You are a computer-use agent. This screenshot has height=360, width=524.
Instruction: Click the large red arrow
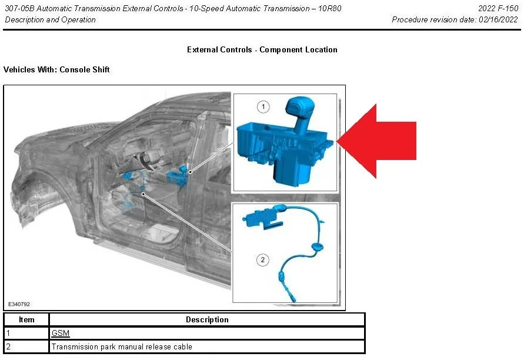coord(382,141)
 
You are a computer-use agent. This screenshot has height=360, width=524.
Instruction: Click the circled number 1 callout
coord(263,106)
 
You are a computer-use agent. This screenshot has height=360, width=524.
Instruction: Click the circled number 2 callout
coord(263,259)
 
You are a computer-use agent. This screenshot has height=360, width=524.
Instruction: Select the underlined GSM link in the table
coord(61,334)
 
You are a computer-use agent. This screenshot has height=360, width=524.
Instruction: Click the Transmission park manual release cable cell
coord(122,347)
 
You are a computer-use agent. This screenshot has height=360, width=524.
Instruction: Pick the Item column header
coord(26,320)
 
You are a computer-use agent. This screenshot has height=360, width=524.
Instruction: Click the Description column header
coord(207,320)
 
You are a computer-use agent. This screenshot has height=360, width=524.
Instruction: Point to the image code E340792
coord(19,304)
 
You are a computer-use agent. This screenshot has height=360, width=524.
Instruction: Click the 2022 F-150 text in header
coord(498,9)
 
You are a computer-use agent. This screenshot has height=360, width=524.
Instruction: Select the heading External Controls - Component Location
coord(262,50)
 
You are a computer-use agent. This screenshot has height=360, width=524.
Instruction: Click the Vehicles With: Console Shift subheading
coord(56,70)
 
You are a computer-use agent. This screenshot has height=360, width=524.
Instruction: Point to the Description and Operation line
coord(50,20)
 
